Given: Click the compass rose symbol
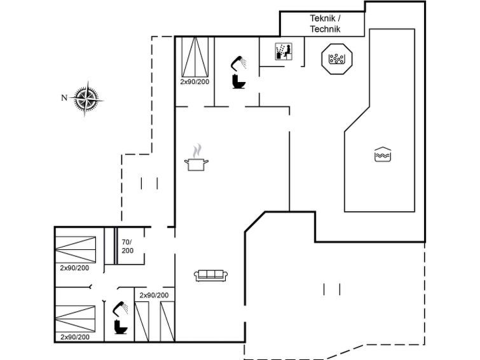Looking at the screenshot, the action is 86,99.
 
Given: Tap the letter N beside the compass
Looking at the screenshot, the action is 64,98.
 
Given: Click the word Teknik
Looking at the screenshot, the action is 323,18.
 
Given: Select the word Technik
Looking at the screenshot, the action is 325,29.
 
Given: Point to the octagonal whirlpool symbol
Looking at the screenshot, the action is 337,59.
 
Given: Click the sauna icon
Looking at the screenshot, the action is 284,51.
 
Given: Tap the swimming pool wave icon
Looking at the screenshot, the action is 383,154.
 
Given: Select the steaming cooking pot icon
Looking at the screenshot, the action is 196,158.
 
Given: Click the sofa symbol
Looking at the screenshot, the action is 211,275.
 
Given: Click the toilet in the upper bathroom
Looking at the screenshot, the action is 239,81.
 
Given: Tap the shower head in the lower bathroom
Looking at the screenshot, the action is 120,309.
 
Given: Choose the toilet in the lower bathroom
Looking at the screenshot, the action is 121,327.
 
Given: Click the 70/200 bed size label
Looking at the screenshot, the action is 128,246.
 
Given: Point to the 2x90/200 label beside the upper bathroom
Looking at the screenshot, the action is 195,82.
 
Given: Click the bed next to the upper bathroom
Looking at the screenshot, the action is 195,57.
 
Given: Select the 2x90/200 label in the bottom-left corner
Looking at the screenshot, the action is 75,337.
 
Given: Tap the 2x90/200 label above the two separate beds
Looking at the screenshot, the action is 154,295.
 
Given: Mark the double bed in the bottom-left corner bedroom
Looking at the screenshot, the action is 76,319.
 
